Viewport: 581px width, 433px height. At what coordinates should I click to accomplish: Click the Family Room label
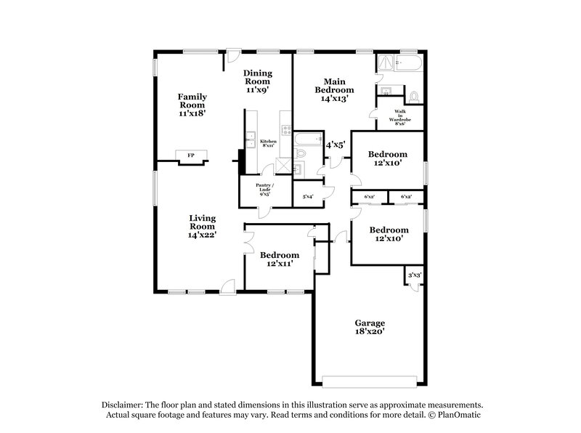point(193,105)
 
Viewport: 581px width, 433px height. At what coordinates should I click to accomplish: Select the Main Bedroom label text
point(335,89)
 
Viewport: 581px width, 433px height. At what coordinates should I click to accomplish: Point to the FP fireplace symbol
point(191,155)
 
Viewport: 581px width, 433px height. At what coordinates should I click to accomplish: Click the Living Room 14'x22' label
point(203,226)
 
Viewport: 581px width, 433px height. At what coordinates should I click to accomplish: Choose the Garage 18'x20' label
point(370,327)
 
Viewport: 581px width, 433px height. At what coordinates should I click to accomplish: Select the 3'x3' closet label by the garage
point(415,275)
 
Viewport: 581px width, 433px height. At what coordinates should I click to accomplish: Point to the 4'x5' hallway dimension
point(335,145)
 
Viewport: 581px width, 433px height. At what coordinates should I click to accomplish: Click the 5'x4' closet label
point(308,196)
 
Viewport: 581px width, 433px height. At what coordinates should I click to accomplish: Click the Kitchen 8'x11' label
point(268,143)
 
